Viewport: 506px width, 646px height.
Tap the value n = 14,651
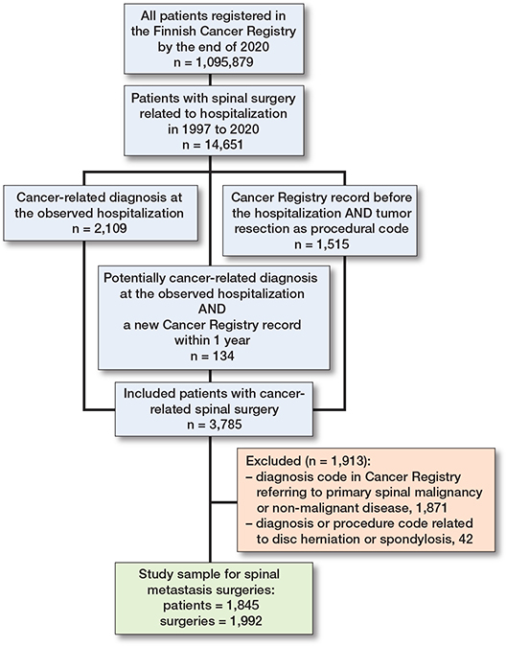point(213,145)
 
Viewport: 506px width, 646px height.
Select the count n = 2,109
point(100,228)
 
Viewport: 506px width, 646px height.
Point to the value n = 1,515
point(321,244)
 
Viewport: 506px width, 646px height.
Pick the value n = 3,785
point(215,425)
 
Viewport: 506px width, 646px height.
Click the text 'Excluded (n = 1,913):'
point(306,461)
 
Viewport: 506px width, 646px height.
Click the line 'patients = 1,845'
point(211,605)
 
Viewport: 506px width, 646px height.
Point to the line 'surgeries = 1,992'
point(211,621)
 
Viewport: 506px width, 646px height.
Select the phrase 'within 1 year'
point(212,340)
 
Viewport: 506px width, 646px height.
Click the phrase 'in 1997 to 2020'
point(214,129)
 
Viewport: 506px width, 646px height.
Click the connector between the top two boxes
point(210,80)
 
